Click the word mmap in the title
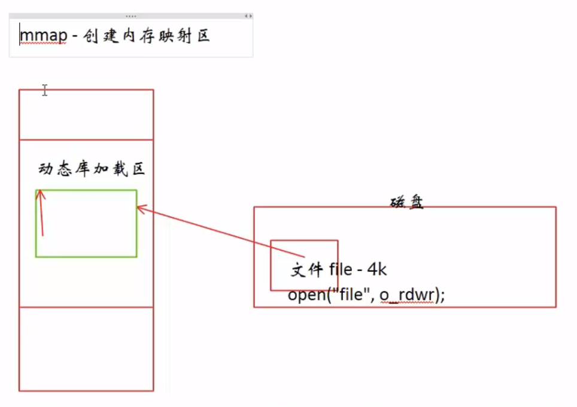coord(42,36)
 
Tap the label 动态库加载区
coord(92,169)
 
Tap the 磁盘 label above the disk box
coord(406,202)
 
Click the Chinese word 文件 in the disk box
coord(307,270)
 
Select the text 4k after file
coord(377,269)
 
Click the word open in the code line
coord(305,295)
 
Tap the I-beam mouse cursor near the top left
coord(44,90)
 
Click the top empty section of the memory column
coord(86,114)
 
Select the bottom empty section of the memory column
coord(86,349)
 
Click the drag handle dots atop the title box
coord(131,16)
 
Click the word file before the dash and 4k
coord(341,270)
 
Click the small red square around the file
coord(304,242)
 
